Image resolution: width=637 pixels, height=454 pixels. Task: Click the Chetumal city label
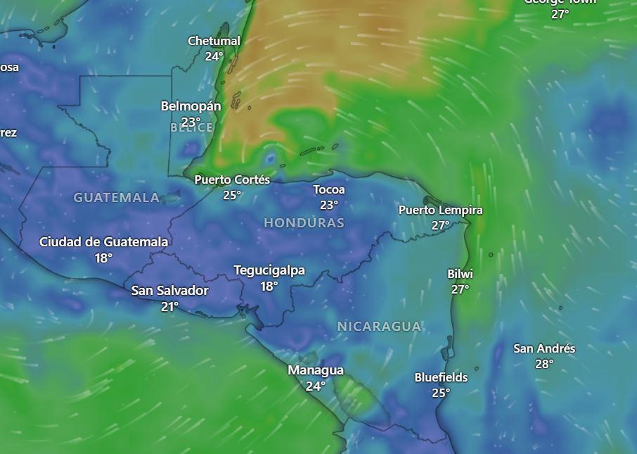[214, 42]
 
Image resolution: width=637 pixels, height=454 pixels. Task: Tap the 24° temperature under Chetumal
[214, 56]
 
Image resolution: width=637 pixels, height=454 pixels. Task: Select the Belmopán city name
[191, 106]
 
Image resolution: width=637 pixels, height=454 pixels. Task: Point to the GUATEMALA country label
[117, 198]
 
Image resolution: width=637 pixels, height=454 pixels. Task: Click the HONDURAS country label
[304, 223]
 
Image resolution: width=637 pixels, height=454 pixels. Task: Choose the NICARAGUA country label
[379, 327]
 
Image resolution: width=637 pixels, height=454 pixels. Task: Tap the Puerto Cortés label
[232, 180]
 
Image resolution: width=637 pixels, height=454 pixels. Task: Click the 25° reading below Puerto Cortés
[232, 195]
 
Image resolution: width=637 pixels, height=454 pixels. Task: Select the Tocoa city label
[329, 189]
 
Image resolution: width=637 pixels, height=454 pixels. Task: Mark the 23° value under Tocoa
[329, 205]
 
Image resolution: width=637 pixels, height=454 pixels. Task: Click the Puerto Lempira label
[440, 210]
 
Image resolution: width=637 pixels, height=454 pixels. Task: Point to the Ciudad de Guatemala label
[103, 242]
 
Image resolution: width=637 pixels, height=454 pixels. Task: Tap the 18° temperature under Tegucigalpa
[269, 286]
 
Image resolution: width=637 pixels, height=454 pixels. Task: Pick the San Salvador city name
[169, 291]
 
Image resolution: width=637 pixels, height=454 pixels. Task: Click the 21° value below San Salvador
[169, 306]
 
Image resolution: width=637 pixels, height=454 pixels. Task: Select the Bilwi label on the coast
[460, 274]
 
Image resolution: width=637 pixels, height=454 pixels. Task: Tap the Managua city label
[316, 370]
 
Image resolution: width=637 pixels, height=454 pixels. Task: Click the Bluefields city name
[441, 377]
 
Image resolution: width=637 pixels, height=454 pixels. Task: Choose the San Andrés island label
[544, 348]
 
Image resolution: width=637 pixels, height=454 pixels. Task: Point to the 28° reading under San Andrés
[544, 364]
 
